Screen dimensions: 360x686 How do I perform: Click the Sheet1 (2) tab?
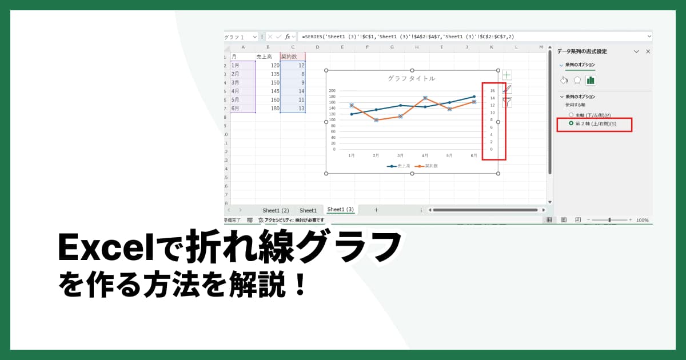coord(276,210)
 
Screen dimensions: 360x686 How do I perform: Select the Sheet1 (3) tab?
coord(340,210)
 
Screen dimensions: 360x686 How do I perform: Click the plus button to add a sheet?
coord(376,210)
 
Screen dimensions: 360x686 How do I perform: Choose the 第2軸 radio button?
coord(571,123)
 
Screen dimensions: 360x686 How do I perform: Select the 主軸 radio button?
coord(571,115)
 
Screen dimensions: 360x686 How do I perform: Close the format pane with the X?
coord(648,51)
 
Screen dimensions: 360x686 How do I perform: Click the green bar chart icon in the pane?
coord(591,80)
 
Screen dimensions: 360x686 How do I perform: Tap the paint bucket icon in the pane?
coord(564,80)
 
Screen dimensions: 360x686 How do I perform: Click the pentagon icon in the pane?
coord(577,80)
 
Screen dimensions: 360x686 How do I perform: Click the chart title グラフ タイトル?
coord(411,78)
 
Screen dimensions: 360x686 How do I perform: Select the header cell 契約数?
coord(293,57)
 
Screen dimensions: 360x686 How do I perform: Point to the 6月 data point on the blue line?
coord(474,97)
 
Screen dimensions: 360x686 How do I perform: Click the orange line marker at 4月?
coord(425,98)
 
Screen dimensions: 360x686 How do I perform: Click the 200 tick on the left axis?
coord(332,90)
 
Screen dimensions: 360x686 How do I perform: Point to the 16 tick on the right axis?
coord(492,90)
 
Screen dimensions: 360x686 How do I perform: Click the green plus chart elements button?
coord(507,75)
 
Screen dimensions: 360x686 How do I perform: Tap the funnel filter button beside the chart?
coord(507,102)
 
